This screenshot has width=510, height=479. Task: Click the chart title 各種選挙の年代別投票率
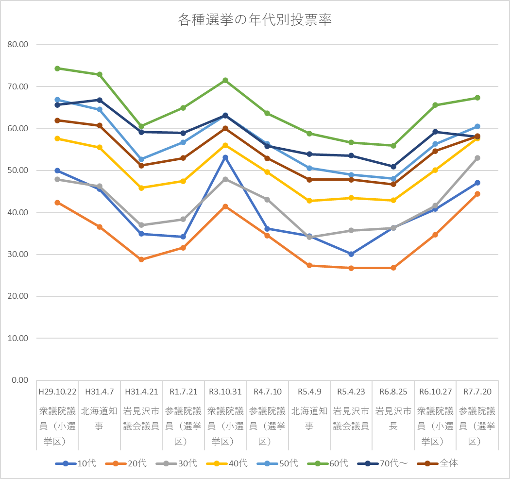tap(255, 20)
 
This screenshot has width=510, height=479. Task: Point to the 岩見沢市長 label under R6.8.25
tap(393, 418)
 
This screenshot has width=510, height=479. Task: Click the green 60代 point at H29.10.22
tap(57, 68)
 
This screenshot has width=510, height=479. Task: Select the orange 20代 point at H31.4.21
tap(141, 259)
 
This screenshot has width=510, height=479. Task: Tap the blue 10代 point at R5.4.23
tap(351, 254)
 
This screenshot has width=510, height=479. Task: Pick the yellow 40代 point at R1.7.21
tap(183, 181)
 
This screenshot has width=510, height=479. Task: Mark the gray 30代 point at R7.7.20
tap(477, 158)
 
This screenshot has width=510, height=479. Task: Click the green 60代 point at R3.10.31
tap(225, 80)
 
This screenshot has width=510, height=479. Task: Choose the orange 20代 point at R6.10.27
tap(435, 235)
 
